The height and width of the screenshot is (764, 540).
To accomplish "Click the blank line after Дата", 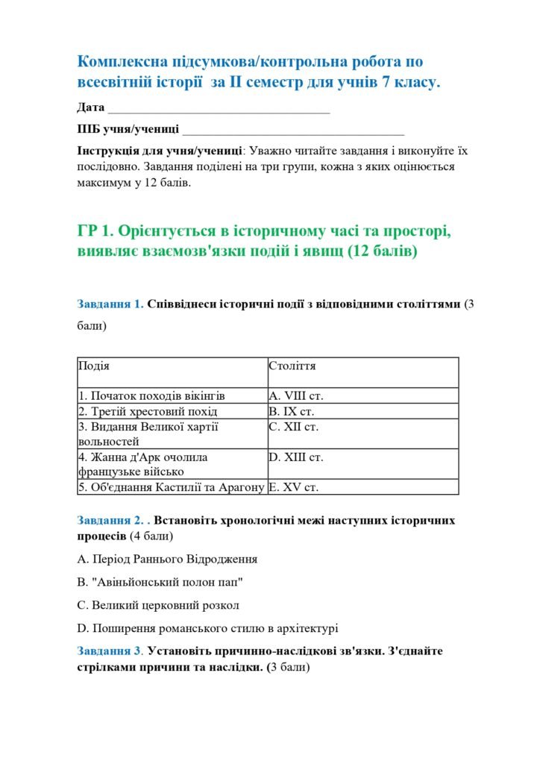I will coord(219,108).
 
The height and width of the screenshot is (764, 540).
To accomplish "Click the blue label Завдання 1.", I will coord(110,304).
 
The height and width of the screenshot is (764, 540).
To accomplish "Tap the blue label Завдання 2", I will coord(110,520).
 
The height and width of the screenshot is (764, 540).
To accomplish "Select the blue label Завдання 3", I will coord(110,651).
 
